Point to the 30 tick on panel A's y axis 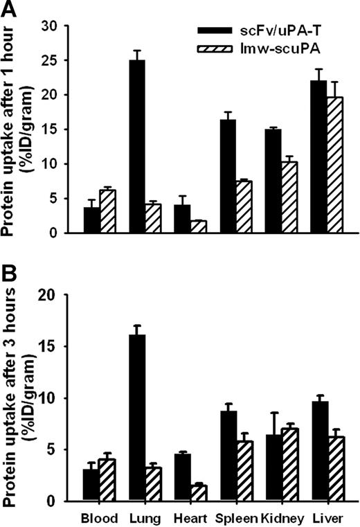[69, 26]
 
